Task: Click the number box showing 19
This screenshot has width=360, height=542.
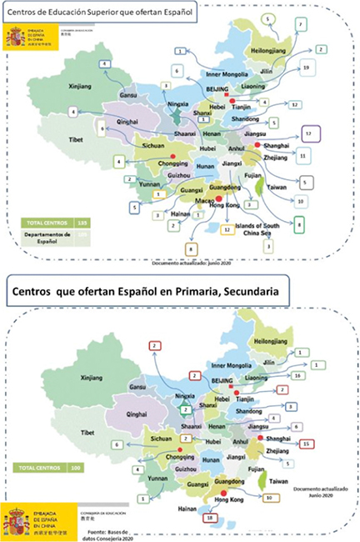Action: coord(307,67)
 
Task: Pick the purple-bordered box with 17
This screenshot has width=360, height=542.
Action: coord(308,133)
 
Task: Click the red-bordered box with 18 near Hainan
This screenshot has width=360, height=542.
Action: coord(210,518)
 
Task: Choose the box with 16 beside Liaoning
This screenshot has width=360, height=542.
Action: coord(297,376)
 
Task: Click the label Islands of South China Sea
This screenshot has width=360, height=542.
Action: coord(271,221)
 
